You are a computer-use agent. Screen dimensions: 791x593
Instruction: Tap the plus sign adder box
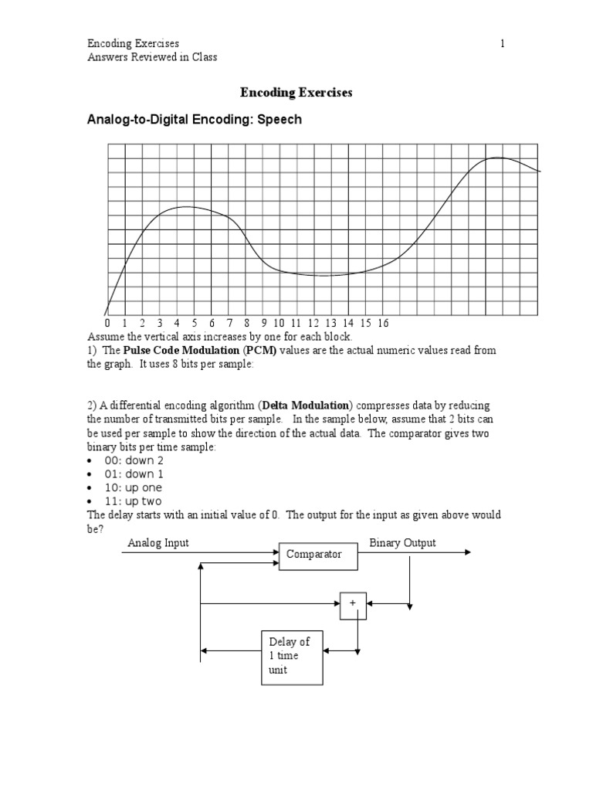353,606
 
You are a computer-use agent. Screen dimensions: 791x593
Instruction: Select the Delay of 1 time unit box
291,656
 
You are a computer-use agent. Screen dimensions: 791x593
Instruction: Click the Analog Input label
158,543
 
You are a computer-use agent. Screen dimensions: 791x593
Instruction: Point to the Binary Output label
402,543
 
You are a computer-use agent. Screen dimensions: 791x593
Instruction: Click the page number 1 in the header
502,44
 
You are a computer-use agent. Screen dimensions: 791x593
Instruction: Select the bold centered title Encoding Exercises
296,93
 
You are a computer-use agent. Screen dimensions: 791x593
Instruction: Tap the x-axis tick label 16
383,323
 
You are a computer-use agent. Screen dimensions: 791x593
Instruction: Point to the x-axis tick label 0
107,323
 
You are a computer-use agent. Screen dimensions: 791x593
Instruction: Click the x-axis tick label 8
247,323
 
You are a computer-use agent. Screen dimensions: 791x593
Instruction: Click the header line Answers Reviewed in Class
152,57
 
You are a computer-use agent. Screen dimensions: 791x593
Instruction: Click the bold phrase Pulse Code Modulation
181,351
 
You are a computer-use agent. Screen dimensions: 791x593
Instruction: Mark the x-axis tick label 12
313,323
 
